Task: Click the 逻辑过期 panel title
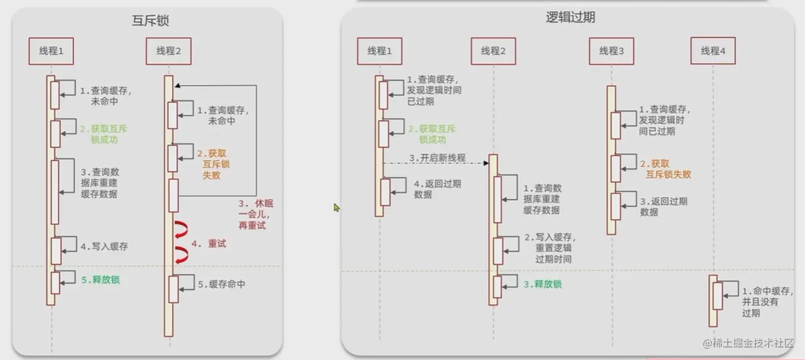click(570, 18)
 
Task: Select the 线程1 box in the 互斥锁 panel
click(52, 51)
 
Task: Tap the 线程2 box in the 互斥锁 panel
click(168, 51)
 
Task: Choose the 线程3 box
click(611, 51)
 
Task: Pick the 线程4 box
click(713, 51)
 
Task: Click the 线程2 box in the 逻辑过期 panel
click(493, 51)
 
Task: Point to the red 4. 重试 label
click(208, 244)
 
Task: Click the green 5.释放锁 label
click(100, 279)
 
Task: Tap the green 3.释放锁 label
click(542, 284)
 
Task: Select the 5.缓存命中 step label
click(222, 284)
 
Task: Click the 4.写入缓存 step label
click(104, 246)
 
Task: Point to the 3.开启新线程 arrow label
click(437, 157)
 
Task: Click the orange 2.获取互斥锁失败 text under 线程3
click(665, 169)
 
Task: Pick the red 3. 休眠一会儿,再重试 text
click(252, 215)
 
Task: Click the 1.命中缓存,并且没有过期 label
click(766, 302)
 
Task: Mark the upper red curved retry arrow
click(181, 229)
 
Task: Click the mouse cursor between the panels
click(336, 208)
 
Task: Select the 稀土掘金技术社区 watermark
click(752, 344)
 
